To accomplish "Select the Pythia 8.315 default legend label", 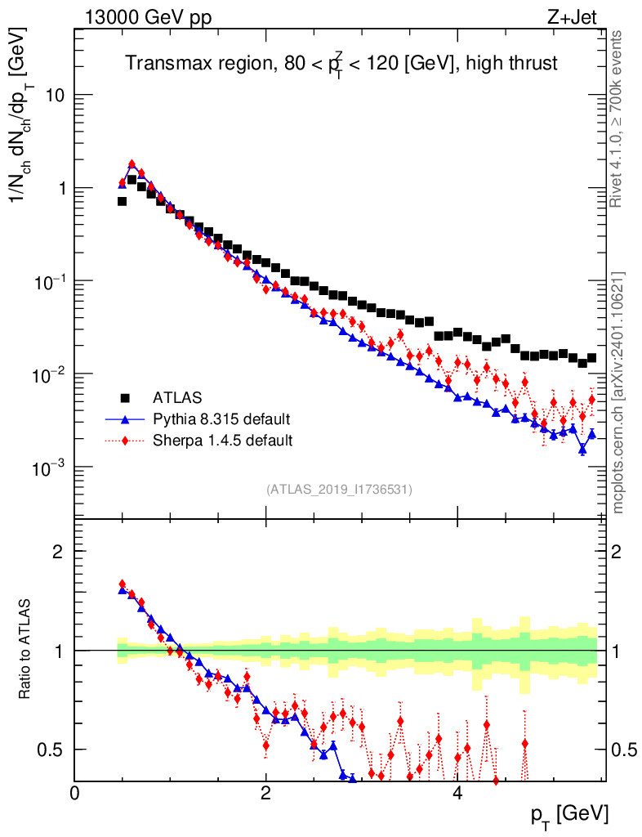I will click(221, 419).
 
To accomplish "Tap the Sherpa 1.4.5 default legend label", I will click(222, 441).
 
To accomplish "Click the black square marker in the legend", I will click(125, 398).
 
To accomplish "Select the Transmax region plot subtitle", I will click(341, 65).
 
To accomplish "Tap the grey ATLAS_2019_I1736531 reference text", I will click(339, 490).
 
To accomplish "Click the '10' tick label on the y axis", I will click(56, 96).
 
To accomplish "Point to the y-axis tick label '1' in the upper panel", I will click(60, 189).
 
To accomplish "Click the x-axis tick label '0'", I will click(75, 793).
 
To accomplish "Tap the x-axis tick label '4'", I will click(457, 793).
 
